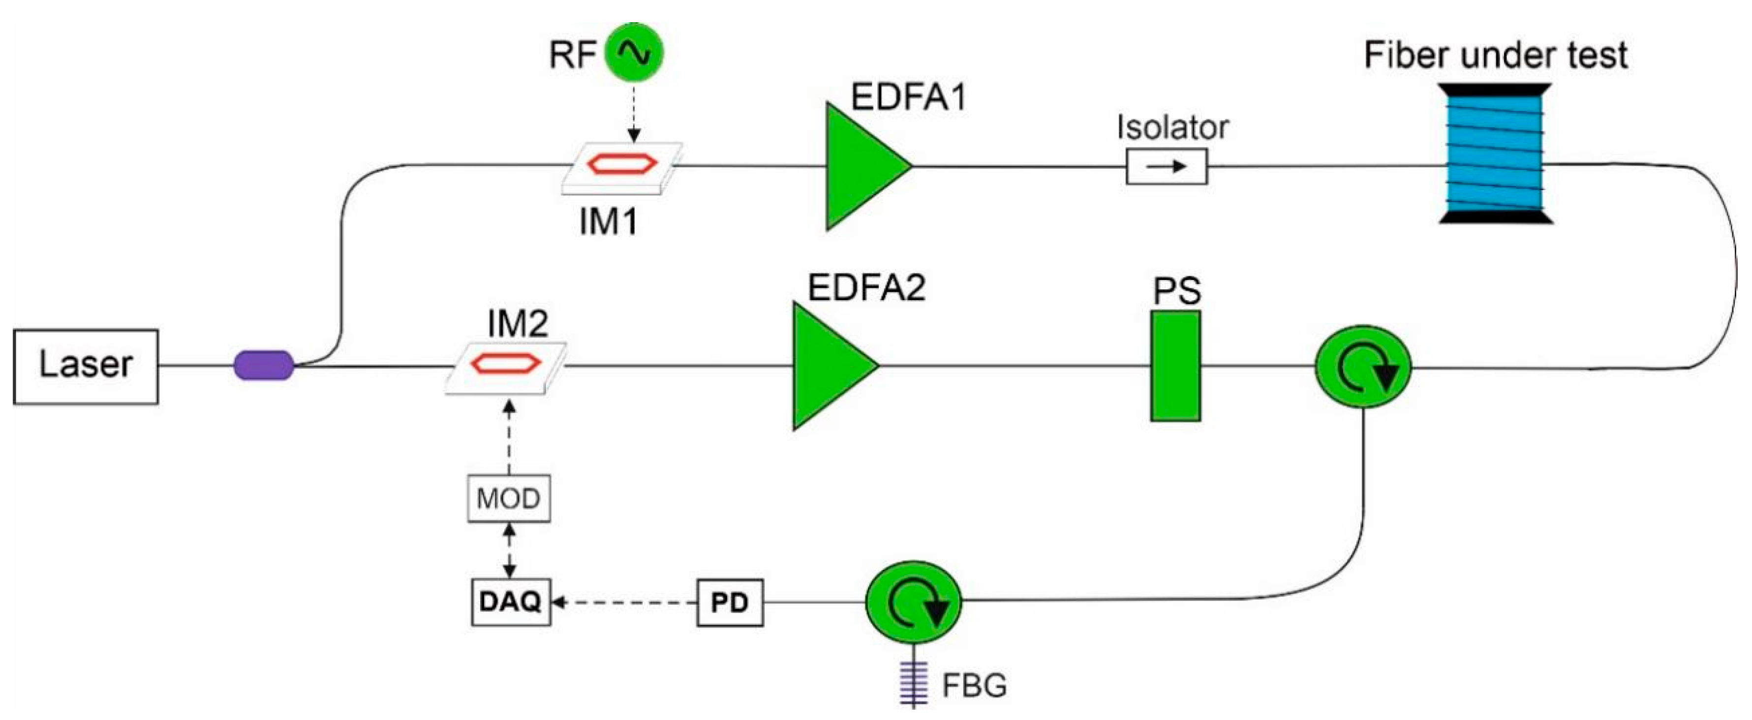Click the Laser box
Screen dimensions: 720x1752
click(x=86, y=367)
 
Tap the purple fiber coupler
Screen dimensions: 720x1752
click(x=264, y=366)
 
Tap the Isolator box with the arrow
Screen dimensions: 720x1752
click(x=1167, y=167)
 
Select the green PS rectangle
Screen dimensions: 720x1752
click(x=1175, y=366)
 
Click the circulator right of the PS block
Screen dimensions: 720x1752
click(x=1363, y=367)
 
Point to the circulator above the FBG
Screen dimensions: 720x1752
click(x=913, y=601)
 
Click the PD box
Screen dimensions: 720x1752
click(x=730, y=602)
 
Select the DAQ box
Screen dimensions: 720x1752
click(x=511, y=601)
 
